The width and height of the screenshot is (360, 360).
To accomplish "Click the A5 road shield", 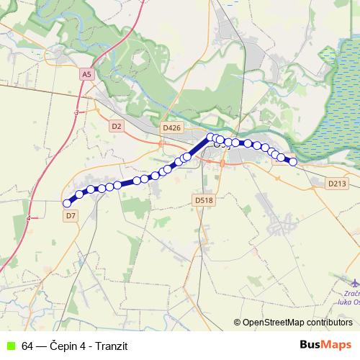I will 87,74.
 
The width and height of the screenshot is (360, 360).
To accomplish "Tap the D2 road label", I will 117,126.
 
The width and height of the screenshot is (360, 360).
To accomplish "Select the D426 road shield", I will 172,127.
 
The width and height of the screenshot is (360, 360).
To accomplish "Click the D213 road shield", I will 337,184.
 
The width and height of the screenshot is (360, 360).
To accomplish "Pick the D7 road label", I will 71,215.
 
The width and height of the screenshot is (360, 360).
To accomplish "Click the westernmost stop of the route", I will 67,204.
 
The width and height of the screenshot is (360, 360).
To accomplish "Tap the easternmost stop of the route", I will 293,162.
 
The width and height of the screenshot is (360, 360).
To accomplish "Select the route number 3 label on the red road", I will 76,113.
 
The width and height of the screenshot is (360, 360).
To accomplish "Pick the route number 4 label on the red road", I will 28,217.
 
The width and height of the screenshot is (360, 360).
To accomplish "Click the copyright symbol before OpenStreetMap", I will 237,322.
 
